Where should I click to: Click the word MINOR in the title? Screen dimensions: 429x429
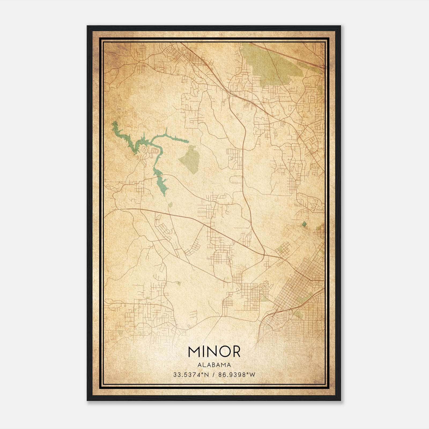tap(214, 352)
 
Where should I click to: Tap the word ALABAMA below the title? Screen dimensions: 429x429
tap(214, 365)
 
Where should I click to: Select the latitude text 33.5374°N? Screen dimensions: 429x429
tap(191, 375)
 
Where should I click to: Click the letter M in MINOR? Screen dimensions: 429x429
tap(194, 352)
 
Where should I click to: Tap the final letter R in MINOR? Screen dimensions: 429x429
tap(235, 352)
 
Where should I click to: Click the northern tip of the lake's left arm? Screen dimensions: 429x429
tap(114, 123)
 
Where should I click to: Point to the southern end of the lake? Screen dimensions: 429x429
tap(164, 195)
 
